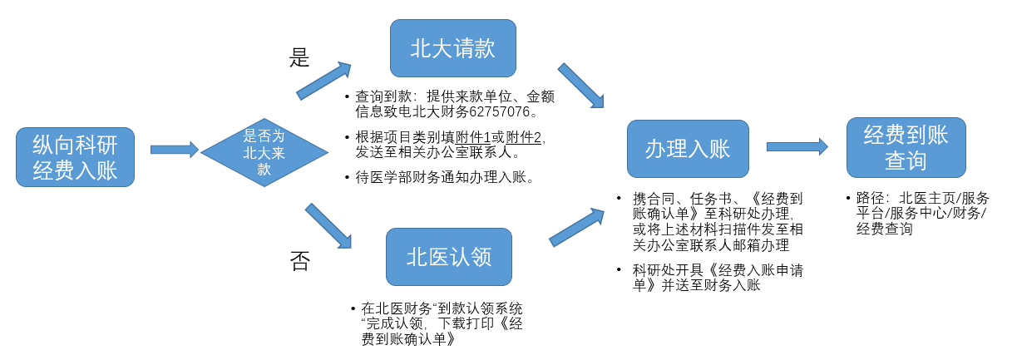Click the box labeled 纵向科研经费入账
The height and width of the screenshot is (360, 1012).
(75, 157)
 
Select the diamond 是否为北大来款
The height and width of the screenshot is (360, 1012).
(264, 152)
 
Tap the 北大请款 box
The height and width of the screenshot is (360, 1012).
(452, 48)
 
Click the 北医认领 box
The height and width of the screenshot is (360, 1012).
(449, 257)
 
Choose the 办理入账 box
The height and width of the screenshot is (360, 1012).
(688, 149)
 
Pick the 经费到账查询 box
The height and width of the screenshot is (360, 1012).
(906, 148)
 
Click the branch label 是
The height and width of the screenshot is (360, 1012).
(299, 58)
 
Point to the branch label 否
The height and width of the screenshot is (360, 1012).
(300, 261)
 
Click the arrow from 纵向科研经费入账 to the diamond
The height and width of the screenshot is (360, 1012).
(175, 150)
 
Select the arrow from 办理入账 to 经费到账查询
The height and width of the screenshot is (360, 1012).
(797, 147)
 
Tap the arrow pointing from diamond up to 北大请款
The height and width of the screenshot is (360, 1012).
(323, 81)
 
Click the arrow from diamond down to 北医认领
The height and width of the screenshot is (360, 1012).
(328, 226)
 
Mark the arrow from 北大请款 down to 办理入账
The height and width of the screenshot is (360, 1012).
(581, 86)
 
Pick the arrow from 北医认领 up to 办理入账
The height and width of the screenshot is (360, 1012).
(577, 228)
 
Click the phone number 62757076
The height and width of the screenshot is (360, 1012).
(499, 111)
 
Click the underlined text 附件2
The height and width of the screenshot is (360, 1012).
(523, 137)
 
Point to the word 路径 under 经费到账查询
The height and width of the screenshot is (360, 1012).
(870, 198)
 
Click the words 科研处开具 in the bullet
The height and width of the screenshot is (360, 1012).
(668, 270)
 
